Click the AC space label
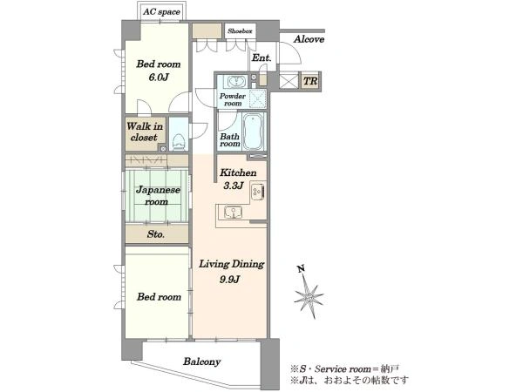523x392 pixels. tap(161, 12)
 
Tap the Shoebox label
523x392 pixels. tap(240, 31)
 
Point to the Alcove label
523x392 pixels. tap(309, 39)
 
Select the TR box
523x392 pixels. tap(310, 81)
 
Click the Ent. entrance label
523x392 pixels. tap(261, 57)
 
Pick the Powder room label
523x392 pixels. tap(233, 99)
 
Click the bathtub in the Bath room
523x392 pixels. tap(253, 132)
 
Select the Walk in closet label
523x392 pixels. tap(145, 132)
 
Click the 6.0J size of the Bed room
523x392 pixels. tap(159, 78)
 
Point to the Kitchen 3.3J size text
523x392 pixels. tap(233, 186)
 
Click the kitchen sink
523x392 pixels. tap(233, 212)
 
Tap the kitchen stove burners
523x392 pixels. tap(257, 192)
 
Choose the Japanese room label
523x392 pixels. tap(158, 196)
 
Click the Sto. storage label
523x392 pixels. tap(156, 234)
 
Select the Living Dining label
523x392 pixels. tap(232, 264)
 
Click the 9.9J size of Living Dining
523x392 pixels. tap(230, 279)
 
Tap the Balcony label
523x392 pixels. tap(202, 362)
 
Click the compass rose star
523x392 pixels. tap(309, 296)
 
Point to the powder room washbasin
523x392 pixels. tap(236, 81)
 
